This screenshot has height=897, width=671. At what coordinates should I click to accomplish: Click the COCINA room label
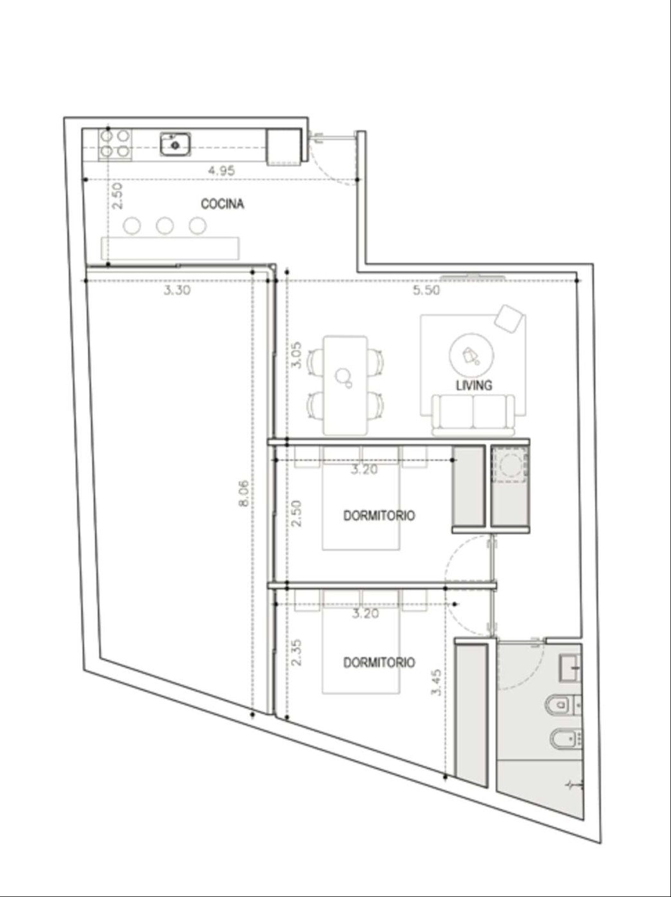pyautogui.click(x=223, y=204)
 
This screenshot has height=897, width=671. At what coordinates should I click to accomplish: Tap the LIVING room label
pyautogui.click(x=474, y=385)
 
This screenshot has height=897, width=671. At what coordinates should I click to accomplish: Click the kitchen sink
pyautogui.click(x=175, y=145)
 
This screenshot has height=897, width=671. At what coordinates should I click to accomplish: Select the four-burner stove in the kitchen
pyautogui.click(x=115, y=143)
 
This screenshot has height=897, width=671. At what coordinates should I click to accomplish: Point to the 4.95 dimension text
pyautogui.click(x=222, y=170)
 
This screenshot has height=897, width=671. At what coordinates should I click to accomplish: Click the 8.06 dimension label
pyautogui.click(x=243, y=493)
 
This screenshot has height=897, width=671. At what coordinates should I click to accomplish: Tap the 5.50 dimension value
pyautogui.click(x=426, y=290)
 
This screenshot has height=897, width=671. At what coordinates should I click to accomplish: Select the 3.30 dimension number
pyautogui.click(x=177, y=290)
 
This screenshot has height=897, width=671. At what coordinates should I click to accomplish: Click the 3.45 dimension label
pyautogui.click(x=436, y=682)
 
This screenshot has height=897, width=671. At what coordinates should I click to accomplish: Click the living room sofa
pyautogui.click(x=473, y=414)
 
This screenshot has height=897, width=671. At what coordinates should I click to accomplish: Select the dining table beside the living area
pyautogui.click(x=345, y=385)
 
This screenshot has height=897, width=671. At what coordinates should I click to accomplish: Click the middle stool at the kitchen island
pyautogui.click(x=164, y=226)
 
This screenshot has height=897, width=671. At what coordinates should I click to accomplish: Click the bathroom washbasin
pyautogui.click(x=570, y=668)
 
